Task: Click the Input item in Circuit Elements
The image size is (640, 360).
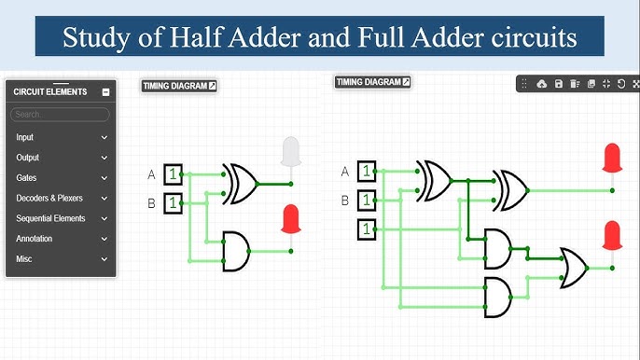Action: pos(25,137)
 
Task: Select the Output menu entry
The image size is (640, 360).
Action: pos(28,158)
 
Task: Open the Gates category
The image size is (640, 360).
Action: pos(27,177)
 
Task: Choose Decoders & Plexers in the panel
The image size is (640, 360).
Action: pos(49,198)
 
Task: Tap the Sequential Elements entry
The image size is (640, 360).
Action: pos(50,218)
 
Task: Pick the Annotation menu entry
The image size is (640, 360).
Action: pos(35,239)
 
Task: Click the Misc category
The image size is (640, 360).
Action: pos(24,259)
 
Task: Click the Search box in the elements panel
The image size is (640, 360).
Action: pos(60,114)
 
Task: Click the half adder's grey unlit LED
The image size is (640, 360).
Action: pos(291,151)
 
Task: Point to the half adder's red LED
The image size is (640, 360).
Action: pos(291,219)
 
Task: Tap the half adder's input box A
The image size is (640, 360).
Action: pos(173,174)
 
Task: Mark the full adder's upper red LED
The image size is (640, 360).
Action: pos(613,158)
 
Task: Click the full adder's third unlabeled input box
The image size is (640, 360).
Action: pos(368,228)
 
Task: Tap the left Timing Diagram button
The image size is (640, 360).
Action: pos(179,86)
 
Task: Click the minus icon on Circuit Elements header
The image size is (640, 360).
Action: pos(105,92)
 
